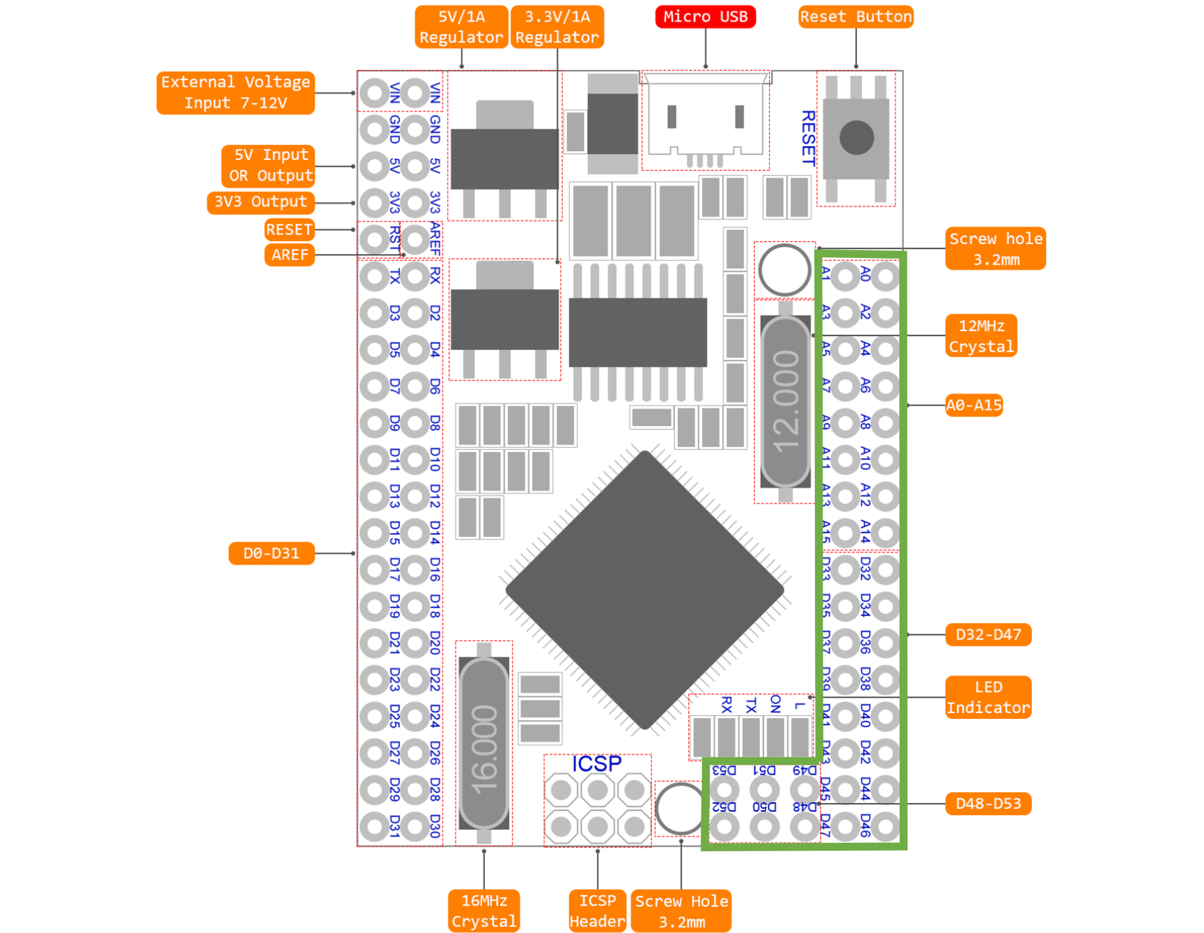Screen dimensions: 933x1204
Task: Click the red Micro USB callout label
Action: (704, 16)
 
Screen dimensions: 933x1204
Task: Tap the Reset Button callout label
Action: (855, 16)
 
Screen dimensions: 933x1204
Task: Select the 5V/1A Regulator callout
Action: (461, 27)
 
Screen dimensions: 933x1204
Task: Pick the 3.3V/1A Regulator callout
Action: (557, 27)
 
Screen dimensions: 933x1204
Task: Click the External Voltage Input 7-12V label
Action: (235, 93)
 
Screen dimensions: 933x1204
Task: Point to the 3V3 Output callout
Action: (260, 202)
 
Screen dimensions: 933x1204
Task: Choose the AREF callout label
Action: (290, 254)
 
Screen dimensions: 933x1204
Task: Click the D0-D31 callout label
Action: (271, 553)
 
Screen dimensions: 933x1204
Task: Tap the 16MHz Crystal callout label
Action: (484, 910)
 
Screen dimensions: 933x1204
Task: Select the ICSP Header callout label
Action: (597, 910)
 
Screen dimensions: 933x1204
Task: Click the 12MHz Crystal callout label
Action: (981, 336)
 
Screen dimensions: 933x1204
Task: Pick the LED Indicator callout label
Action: (988, 697)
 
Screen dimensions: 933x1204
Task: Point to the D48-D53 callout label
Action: (988, 804)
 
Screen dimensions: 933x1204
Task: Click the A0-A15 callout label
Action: (973, 405)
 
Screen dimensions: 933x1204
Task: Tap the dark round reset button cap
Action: (856, 137)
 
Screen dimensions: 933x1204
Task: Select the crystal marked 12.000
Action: (785, 401)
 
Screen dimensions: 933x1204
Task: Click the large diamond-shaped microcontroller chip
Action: (644, 590)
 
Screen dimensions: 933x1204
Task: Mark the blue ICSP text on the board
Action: (597, 763)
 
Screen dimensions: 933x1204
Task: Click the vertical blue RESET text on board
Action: (808, 138)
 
